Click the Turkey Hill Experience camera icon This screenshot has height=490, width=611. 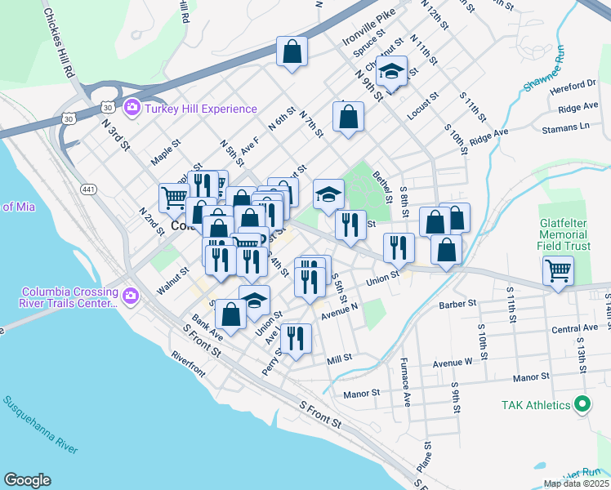click(x=132, y=108)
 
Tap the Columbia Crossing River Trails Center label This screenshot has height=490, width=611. click(x=69, y=297)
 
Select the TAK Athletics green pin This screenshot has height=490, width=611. click(x=582, y=404)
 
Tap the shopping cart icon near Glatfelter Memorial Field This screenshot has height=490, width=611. click(x=558, y=269)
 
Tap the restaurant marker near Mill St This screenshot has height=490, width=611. click(x=296, y=338)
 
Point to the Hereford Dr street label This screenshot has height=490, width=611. click(x=574, y=83)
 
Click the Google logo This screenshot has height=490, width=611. click(x=27, y=479)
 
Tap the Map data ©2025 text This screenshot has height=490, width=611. click(x=575, y=483)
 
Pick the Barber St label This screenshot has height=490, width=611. click(x=457, y=303)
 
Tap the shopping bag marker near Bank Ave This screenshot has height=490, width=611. click(x=231, y=315)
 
